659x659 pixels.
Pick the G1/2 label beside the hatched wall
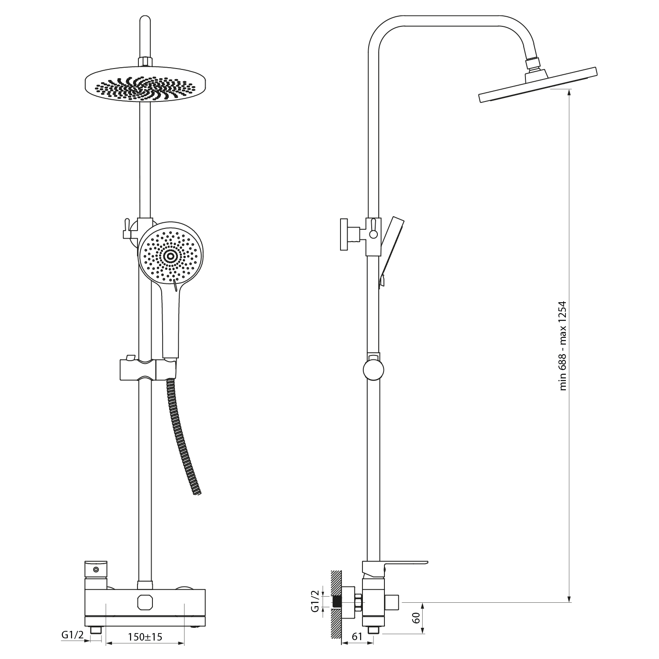(315, 601)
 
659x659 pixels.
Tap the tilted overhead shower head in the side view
(538, 86)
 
